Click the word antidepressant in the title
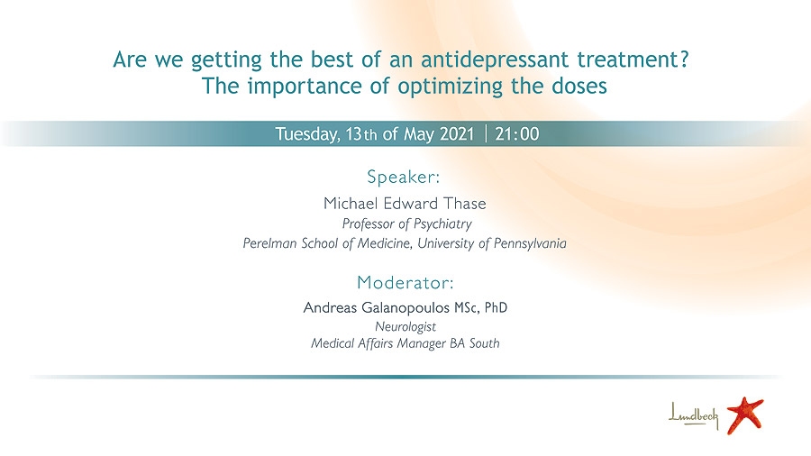tap(495, 59)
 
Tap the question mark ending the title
tap(684, 59)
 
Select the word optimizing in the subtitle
tap(450, 87)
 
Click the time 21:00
tap(516, 134)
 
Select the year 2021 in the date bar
tap(457, 134)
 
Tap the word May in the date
tap(418, 134)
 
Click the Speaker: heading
tap(404, 177)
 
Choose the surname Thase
tap(463, 203)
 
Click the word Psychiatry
tap(442, 223)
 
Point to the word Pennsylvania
tap(530, 243)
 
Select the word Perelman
tap(263, 243)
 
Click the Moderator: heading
tap(405, 282)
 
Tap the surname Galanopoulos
tap(397, 307)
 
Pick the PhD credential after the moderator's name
tap(496, 307)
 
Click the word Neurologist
tap(405, 327)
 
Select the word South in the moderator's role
tap(484, 343)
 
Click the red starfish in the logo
tap(745, 415)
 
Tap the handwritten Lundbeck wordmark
tap(693, 415)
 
